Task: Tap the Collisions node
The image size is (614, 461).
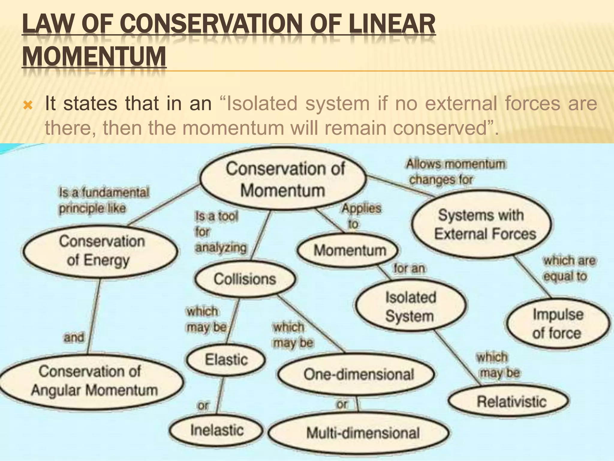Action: pyautogui.click(x=245, y=279)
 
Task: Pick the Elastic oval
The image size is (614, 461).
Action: pyautogui.click(x=226, y=360)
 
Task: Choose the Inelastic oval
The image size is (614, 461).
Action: pyautogui.click(x=216, y=430)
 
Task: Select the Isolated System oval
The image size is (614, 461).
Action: pyautogui.click(x=410, y=306)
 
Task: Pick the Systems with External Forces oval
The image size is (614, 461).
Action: pyautogui.click(x=482, y=224)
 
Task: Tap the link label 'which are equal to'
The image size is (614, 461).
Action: pyautogui.click(x=569, y=268)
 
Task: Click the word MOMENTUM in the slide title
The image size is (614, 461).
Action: pyautogui.click(x=94, y=56)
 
